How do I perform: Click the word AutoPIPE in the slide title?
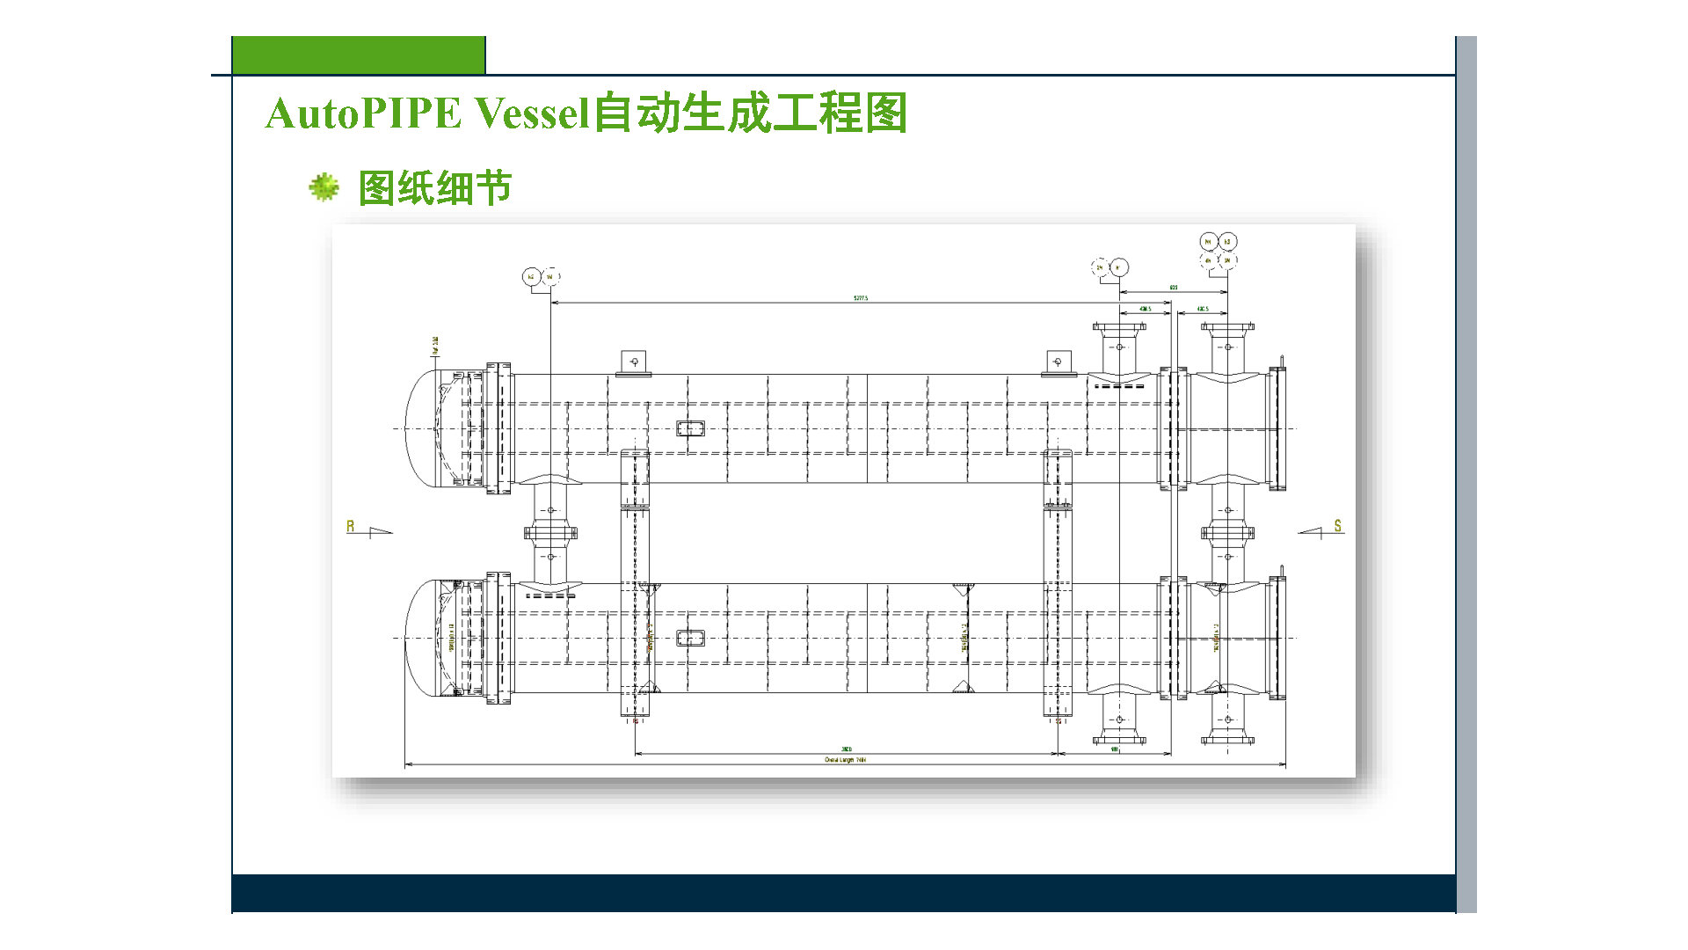click(x=363, y=113)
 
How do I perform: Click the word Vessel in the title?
click(x=531, y=113)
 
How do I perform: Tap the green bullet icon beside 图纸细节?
click(x=324, y=186)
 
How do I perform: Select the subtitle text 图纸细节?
click(x=435, y=188)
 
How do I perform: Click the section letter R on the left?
click(x=350, y=526)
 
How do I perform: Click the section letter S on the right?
click(x=1338, y=525)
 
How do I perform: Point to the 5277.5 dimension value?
click(x=860, y=298)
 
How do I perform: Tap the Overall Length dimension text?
click(x=845, y=760)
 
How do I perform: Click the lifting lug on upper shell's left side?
click(x=634, y=362)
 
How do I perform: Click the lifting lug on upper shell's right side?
click(x=1058, y=362)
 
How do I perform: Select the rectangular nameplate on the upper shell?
click(x=690, y=428)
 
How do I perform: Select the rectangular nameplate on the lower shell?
click(x=690, y=638)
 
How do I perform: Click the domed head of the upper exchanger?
click(x=423, y=427)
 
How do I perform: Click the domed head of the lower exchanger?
click(x=423, y=638)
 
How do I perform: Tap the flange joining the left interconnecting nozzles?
click(x=551, y=532)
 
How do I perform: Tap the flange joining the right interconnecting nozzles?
click(x=1227, y=532)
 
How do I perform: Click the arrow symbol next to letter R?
click(x=382, y=530)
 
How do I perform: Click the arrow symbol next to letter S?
click(x=1310, y=530)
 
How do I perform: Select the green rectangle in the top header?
click(x=359, y=55)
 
